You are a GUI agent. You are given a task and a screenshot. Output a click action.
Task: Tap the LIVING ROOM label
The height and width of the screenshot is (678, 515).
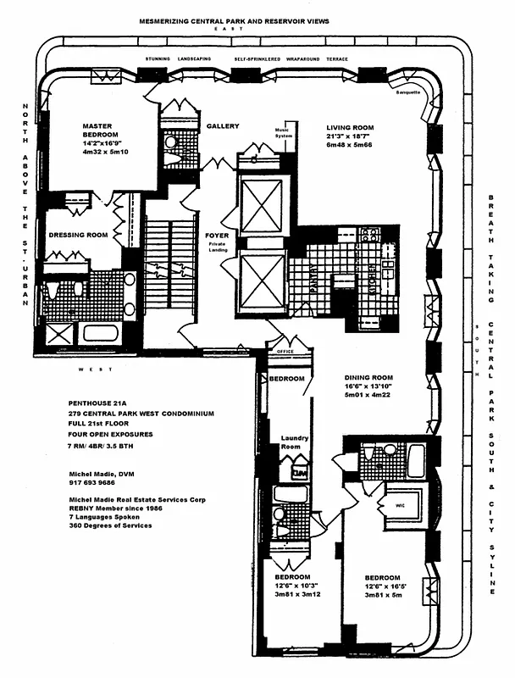pyautogui.click(x=350, y=128)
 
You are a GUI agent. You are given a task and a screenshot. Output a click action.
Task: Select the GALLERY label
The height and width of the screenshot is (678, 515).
pyautogui.click(x=223, y=126)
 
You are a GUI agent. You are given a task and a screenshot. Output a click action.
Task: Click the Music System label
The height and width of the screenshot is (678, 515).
pyautogui.click(x=282, y=133)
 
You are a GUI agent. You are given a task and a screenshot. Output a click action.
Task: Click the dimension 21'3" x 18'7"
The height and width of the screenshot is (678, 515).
pyautogui.click(x=350, y=138)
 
